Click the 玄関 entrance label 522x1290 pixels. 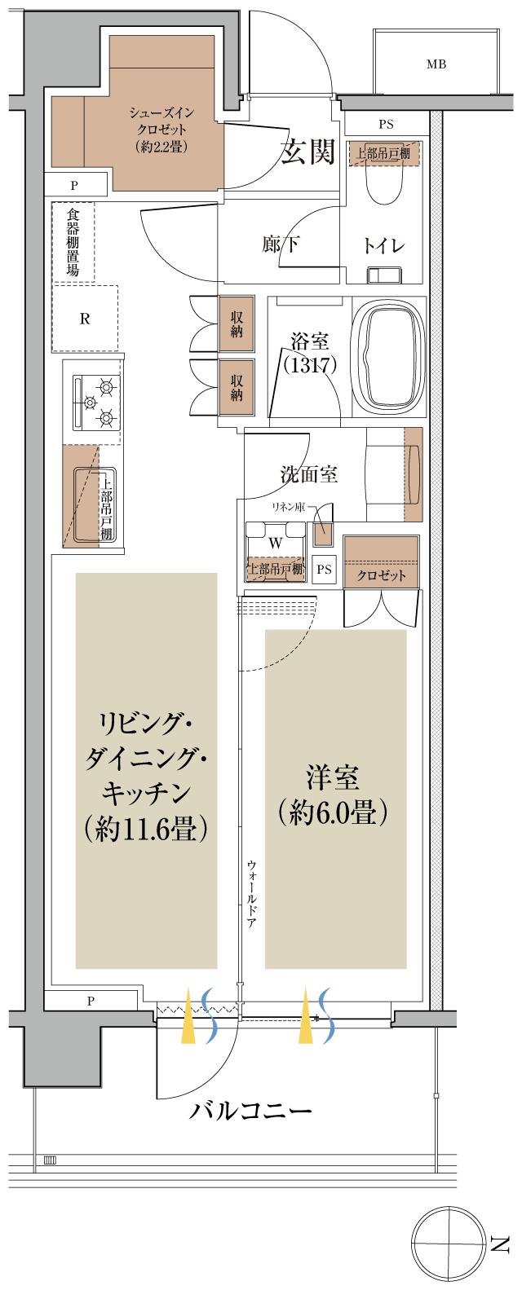click(308, 152)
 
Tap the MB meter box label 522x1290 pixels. click(436, 64)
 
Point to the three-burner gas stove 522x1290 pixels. click(96, 402)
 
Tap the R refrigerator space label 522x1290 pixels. click(84, 319)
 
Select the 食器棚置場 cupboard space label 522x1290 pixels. click(73, 241)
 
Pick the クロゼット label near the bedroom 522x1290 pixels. click(381, 575)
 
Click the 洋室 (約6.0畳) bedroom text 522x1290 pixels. click(334, 794)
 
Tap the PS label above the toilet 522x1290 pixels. click(386, 125)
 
